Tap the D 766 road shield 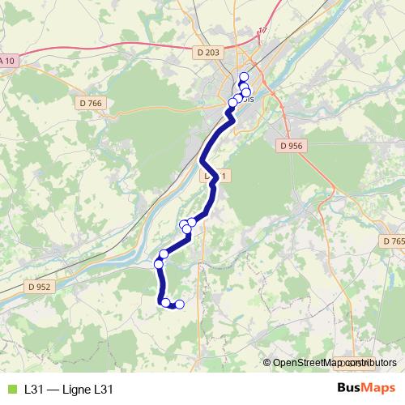(x=92, y=103)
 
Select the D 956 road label (x=289, y=146)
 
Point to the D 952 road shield (x=38, y=286)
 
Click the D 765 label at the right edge (x=393, y=241)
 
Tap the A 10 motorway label (x=7, y=61)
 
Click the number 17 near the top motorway (x=262, y=31)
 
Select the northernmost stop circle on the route (x=244, y=77)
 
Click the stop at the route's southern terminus (x=180, y=305)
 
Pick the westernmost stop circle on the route (x=159, y=263)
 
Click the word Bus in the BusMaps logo (x=349, y=389)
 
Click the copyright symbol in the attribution (x=267, y=363)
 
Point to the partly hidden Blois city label (x=246, y=101)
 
